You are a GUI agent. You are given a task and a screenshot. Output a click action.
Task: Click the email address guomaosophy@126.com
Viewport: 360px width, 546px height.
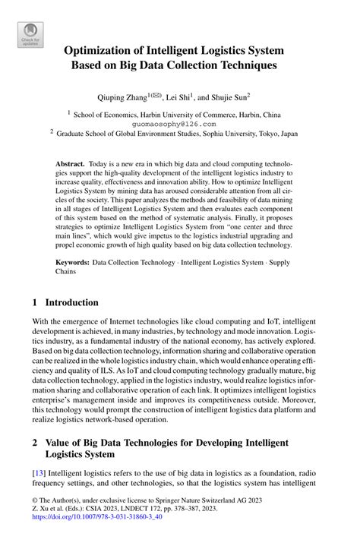click(x=174, y=123)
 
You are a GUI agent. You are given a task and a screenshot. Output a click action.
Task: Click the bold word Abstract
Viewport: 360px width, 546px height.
click(x=71, y=164)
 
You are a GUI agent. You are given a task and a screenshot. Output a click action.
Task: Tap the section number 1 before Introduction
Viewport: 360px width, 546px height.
click(x=36, y=301)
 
